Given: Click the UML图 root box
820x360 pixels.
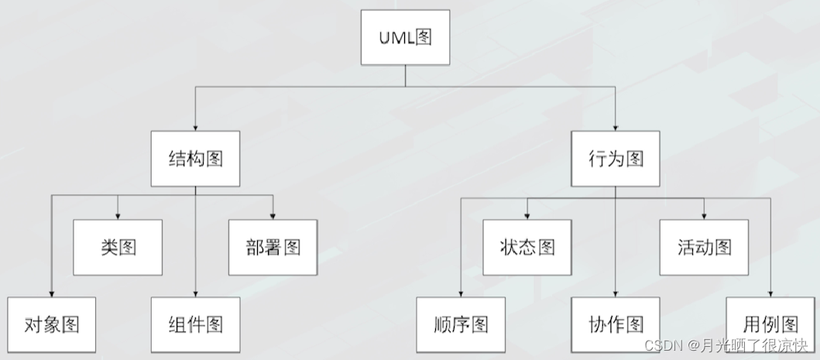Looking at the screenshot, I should point(406,38).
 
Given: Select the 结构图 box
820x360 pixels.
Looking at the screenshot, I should point(195,159).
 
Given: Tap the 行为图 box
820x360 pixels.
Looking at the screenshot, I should point(616,159).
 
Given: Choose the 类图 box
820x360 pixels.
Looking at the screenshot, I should point(118,247).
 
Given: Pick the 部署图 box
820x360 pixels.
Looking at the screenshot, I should point(273,247).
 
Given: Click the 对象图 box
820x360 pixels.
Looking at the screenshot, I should point(52,324).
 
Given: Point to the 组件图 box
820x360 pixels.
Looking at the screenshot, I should point(195,324).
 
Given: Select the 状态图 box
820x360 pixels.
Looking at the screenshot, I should point(527,247).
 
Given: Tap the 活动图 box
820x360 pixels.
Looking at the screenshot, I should point(704,247).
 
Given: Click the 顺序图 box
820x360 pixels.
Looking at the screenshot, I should point(461,324).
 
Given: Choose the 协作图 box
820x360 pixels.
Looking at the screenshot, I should point(616,324).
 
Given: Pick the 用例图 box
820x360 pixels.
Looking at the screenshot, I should point(770,324).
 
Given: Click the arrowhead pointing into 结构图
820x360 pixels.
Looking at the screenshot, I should point(195,127).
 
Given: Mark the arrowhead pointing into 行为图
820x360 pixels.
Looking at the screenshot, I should point(616,127).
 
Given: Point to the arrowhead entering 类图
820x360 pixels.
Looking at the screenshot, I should point(118,215).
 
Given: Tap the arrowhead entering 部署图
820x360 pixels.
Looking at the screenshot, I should point(273,215).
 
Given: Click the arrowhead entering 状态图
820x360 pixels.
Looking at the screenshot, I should point(527,215).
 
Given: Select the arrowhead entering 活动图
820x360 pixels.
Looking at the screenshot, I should point(704,215).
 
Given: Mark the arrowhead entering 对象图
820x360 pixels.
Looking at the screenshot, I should point(52,293).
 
